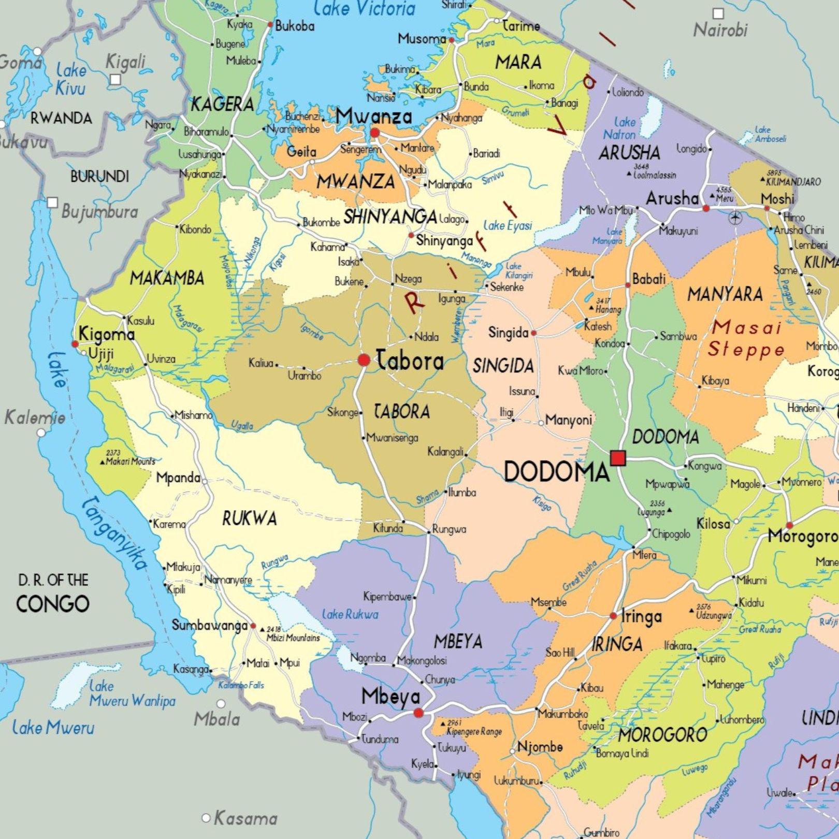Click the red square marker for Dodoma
pyautogui.click(x=618, y=458)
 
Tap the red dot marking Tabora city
pyautogui.click(x=364, y=360)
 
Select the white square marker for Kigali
pyautogui.click(x=115, y=79)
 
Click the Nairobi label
pyautogui.click(x=720, y=30)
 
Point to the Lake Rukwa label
pyautogui.click(x=350, y=615)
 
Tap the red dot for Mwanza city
pyautogui.click(x=375, y=133)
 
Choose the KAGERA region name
pyautogui.click(x=223, y=105)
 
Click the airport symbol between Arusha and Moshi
pyautogui.click(x=735, y=218)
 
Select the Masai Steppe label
pyautogui.click(x=746, y=339)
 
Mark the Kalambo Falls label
pyautogui.click(x=241, y=685)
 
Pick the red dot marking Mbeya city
pyautogui.click(x=418, y=713)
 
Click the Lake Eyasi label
pyautogui.click(x=508, y=226)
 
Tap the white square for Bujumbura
pyautogui.click(x=52, y=202)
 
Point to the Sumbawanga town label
pyautogui.click(x=210, y=626)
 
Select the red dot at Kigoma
pyautogui.click(x=75, y=344)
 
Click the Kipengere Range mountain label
pyautogui.click(x=474, y=731)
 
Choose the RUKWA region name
pyautogui.click(x=250, y=518)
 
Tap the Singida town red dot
pyautogui.click(x=533, y=333)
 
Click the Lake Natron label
pyautogui.click(x=619, y=128)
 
